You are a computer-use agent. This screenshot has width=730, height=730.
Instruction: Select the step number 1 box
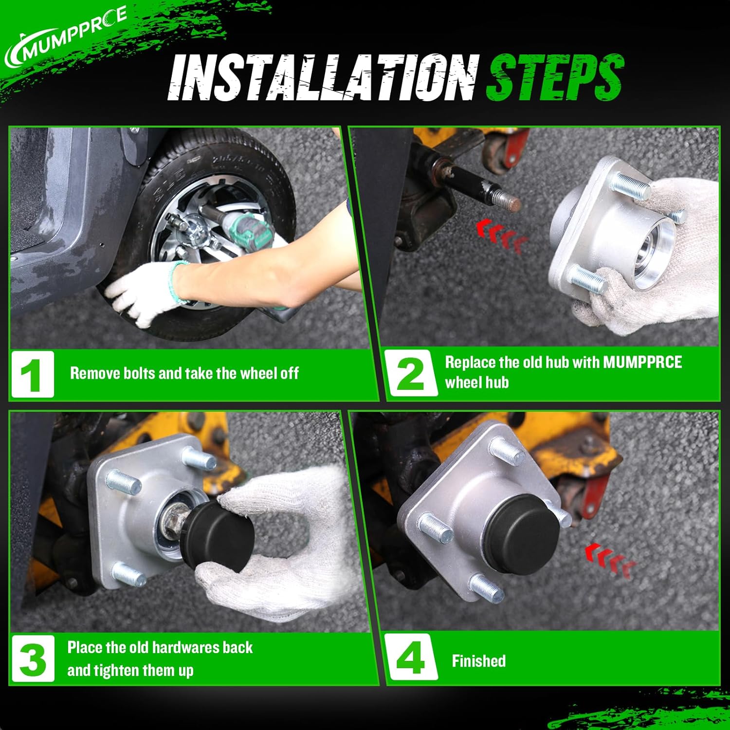pyautogui.click(x=33, y=374)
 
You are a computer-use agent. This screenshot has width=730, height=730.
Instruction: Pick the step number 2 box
pyautogui.click(x=410, y=373)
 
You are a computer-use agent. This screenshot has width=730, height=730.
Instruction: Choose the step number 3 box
pyautogui.click(x=33, y=659)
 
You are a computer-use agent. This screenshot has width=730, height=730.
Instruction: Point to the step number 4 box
pyautogui.click(x=410, y=658)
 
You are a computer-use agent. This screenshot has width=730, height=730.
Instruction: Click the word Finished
pyautogui.click(x=479, y=661)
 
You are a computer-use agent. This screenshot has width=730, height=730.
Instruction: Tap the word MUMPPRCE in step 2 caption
pyautogui.click(x=642, y=362)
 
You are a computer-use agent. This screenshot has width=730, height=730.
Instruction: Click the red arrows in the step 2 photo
pyautogui.click(x=501, y=235)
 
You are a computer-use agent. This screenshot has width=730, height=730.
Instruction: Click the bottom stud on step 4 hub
pyautogui.click(x=487, y=587)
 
